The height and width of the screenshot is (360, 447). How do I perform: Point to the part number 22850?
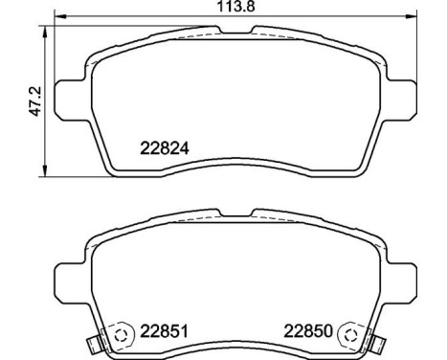tap(308, 334)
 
